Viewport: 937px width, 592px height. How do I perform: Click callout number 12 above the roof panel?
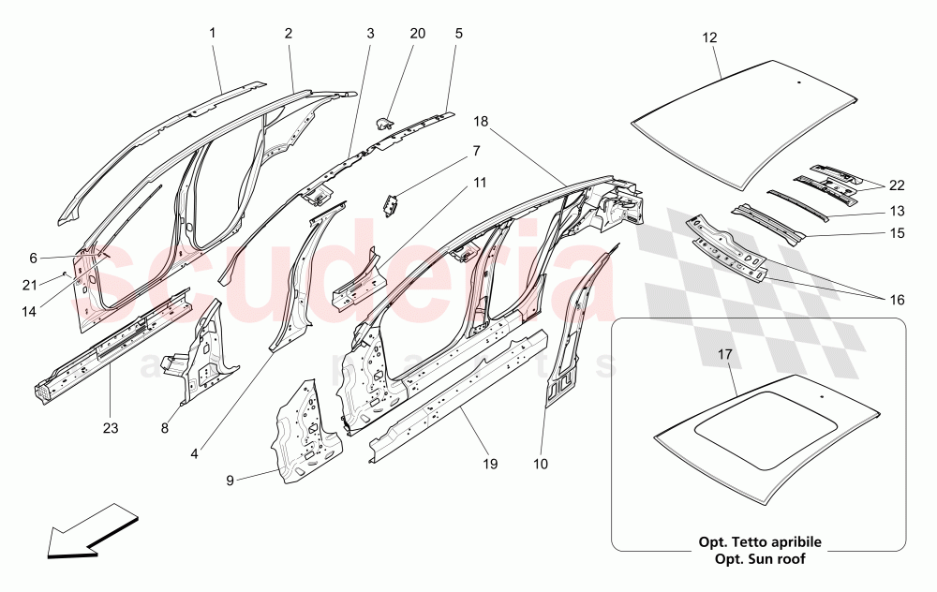[x=709, y=38]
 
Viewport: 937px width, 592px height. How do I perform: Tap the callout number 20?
[x=417, y=33]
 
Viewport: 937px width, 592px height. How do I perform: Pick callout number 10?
[x=542, y=463]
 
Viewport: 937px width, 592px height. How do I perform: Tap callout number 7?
[x=475, y=150]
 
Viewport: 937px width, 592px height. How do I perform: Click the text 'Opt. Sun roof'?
[x=759, y=559]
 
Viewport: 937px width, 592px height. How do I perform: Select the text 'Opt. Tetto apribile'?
[x=759, y=542]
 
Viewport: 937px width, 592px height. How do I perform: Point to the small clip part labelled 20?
[x=384, y=122]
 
